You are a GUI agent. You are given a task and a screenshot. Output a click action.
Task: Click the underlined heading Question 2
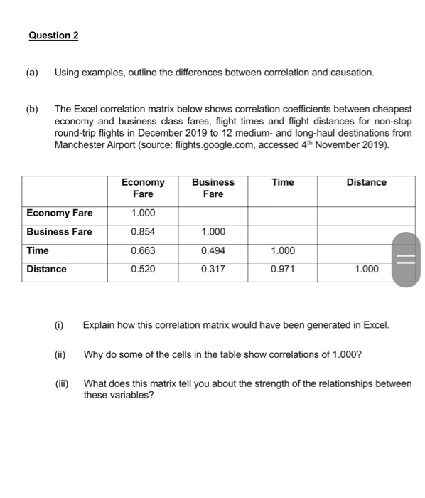54,36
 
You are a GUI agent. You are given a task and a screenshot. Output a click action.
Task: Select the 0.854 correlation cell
143,232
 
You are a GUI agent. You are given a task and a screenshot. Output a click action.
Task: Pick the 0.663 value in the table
143,250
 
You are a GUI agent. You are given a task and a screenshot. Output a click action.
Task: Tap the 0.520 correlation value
143,269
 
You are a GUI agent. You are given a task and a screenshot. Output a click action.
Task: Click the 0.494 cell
213,250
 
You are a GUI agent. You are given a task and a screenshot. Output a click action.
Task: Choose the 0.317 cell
213,269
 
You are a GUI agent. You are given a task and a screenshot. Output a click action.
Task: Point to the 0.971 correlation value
282,269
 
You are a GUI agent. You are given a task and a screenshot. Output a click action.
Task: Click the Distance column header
366,183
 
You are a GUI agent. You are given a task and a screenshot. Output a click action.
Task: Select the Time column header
282,183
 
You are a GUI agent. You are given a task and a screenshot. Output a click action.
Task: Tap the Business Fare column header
213,188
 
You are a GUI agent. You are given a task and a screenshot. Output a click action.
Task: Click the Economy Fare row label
59,213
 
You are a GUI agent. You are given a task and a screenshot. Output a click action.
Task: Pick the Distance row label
46,269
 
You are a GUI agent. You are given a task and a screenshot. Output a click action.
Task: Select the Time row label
38,250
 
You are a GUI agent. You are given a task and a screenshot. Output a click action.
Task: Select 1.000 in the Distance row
366,269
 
